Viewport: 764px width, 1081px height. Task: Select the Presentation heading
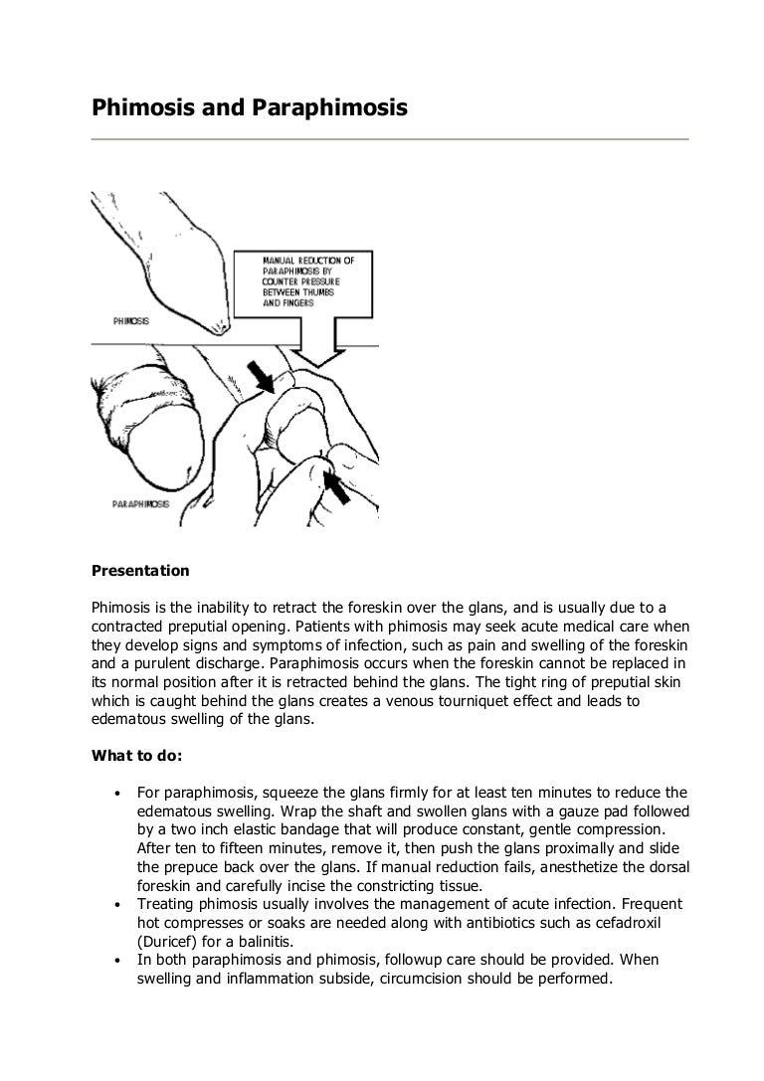(x=140, y=571)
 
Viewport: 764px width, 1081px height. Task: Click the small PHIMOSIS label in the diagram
(x=131, y=322)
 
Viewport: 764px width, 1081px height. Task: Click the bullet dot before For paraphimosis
(x=117, y=794)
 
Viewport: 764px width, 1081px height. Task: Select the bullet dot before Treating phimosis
(x=117, y=906)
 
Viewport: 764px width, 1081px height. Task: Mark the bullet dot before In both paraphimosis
(x=117, y=962)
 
